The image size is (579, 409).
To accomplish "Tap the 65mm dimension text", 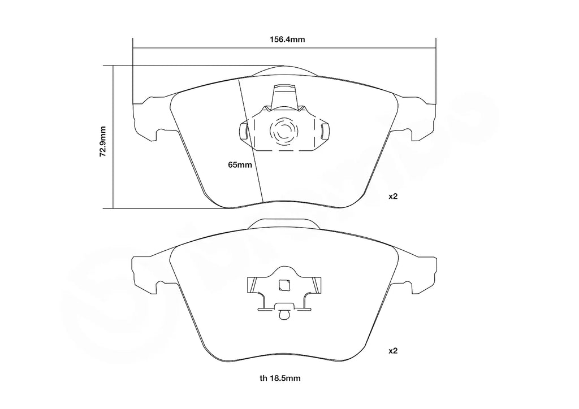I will click(x=239, y=165).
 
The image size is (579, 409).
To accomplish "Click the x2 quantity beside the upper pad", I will click(x=394, y=197).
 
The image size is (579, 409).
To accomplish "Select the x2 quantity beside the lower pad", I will click(x=394, y=351).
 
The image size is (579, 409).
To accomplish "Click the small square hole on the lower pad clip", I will click(x=284, y=285).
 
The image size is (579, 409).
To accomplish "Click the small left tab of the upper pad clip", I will click(x=244, y=132).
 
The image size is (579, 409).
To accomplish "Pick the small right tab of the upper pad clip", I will click(x=324, y=132).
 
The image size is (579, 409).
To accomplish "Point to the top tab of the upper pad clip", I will click(x=284, y=94).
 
